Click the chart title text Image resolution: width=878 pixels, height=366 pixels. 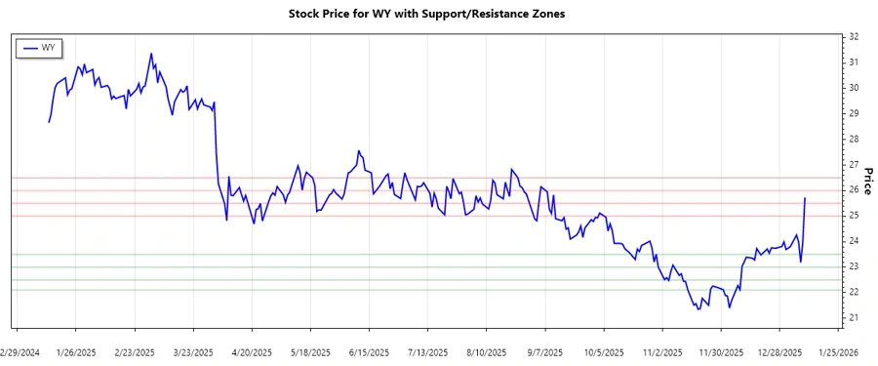[426, 14]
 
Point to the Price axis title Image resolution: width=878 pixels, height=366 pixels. [866, 181]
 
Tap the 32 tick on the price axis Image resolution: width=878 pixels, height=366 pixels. [854, 37]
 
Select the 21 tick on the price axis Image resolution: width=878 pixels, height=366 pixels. [854, 317]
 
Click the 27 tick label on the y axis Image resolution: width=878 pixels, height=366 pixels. [854, 164]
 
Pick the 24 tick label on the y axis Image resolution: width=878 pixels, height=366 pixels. [854, 241]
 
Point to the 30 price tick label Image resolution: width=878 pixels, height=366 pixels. [854, 88]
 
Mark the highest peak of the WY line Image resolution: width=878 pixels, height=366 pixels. [150, 54]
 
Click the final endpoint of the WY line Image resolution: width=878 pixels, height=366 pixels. [805, 198]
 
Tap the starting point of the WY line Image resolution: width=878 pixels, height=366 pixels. [49, 121]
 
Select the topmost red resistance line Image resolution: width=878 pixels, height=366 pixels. [429, 178]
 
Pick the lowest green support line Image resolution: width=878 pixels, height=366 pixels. [429, 290]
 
